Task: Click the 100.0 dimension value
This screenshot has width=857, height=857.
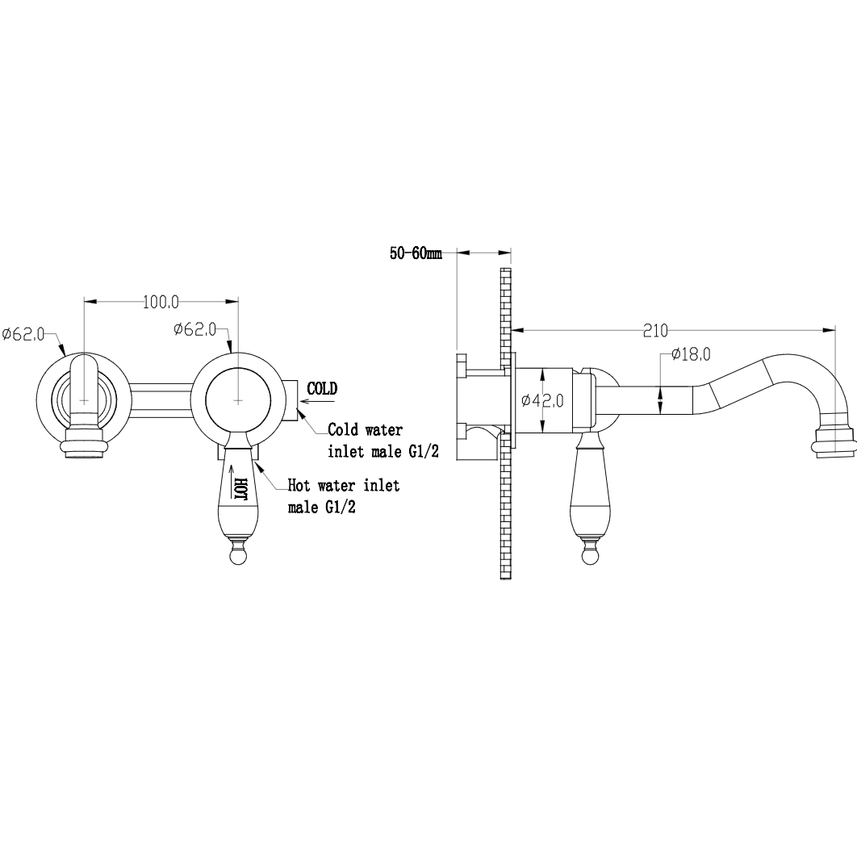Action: (161, 302)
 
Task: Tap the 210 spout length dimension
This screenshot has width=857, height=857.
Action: (655, 331)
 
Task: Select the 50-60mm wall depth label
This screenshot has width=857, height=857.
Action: (416, 253)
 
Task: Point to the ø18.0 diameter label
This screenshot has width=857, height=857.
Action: (692, 354)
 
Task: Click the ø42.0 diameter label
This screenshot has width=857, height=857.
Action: (543, 400)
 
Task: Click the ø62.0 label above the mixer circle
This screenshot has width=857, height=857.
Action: (195, 329)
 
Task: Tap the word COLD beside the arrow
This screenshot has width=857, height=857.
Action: (322, 389)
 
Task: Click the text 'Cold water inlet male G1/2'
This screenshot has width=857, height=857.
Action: (383, 441)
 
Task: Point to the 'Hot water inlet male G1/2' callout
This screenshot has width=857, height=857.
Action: (344, 496)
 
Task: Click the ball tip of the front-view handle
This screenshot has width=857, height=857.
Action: (237, 558)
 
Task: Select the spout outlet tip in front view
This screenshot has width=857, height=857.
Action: (84, 443)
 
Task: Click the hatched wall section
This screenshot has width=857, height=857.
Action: (505, 424)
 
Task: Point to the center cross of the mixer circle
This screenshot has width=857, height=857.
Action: (238, 400)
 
